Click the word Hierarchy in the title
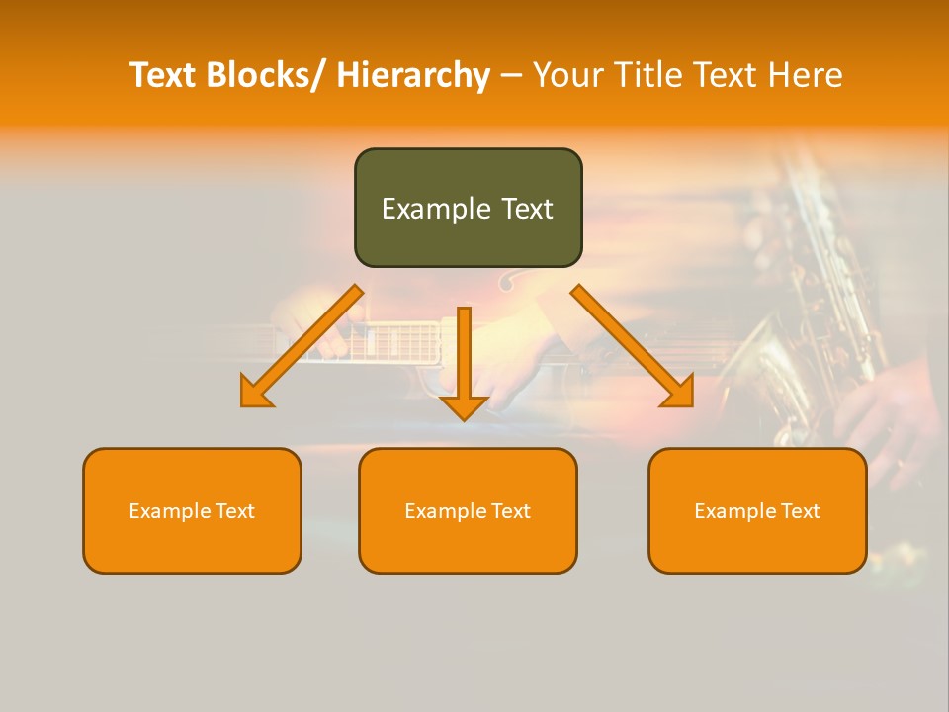pos(413,75)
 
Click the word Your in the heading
pos(568,75)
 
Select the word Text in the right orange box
pos(799,511)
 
